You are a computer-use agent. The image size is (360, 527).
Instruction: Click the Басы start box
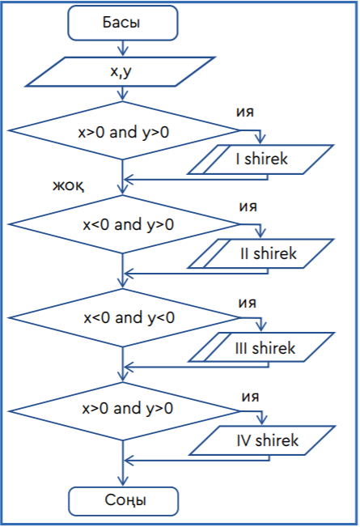click(x=123, y=23)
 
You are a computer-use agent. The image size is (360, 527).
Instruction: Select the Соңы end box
click(x=124, y=501)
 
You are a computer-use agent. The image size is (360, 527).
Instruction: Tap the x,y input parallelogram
click(x=121, y=71)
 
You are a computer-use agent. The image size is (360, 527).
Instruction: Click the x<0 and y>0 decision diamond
click(x=123, y=224)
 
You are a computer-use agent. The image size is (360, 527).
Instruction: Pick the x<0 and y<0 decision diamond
click(x=123, y=317)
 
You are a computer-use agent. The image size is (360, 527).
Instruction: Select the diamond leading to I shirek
click(x=123, y=130)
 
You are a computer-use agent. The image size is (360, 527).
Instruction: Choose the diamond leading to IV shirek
click(x=123, y=411)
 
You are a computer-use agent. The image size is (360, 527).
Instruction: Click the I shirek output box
click(x=260, y=159)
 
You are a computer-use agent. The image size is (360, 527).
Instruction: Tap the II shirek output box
click(x=261, y=253)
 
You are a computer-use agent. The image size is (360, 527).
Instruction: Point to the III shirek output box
click(x=261, y=347)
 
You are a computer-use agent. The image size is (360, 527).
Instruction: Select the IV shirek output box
click(x=262, y=440)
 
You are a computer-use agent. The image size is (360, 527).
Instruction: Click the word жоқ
click(x=69, y=185)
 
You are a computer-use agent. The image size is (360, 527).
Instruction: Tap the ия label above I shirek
click(x=245, y=112)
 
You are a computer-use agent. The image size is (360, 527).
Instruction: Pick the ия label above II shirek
click(x=248, y=206)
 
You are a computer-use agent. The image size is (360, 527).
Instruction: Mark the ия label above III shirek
click(x=248, y=303)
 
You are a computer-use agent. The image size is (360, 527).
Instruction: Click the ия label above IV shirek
click(x=250, y=397)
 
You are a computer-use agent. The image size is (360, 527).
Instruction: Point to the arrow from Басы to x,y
click(x=123, y=48)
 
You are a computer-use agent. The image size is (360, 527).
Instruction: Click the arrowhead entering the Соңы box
click(x=123, y=482)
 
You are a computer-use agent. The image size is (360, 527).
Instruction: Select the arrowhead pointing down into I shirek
click(x=260, y=139)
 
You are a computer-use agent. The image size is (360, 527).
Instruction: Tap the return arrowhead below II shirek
click(x=129, y=274)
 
